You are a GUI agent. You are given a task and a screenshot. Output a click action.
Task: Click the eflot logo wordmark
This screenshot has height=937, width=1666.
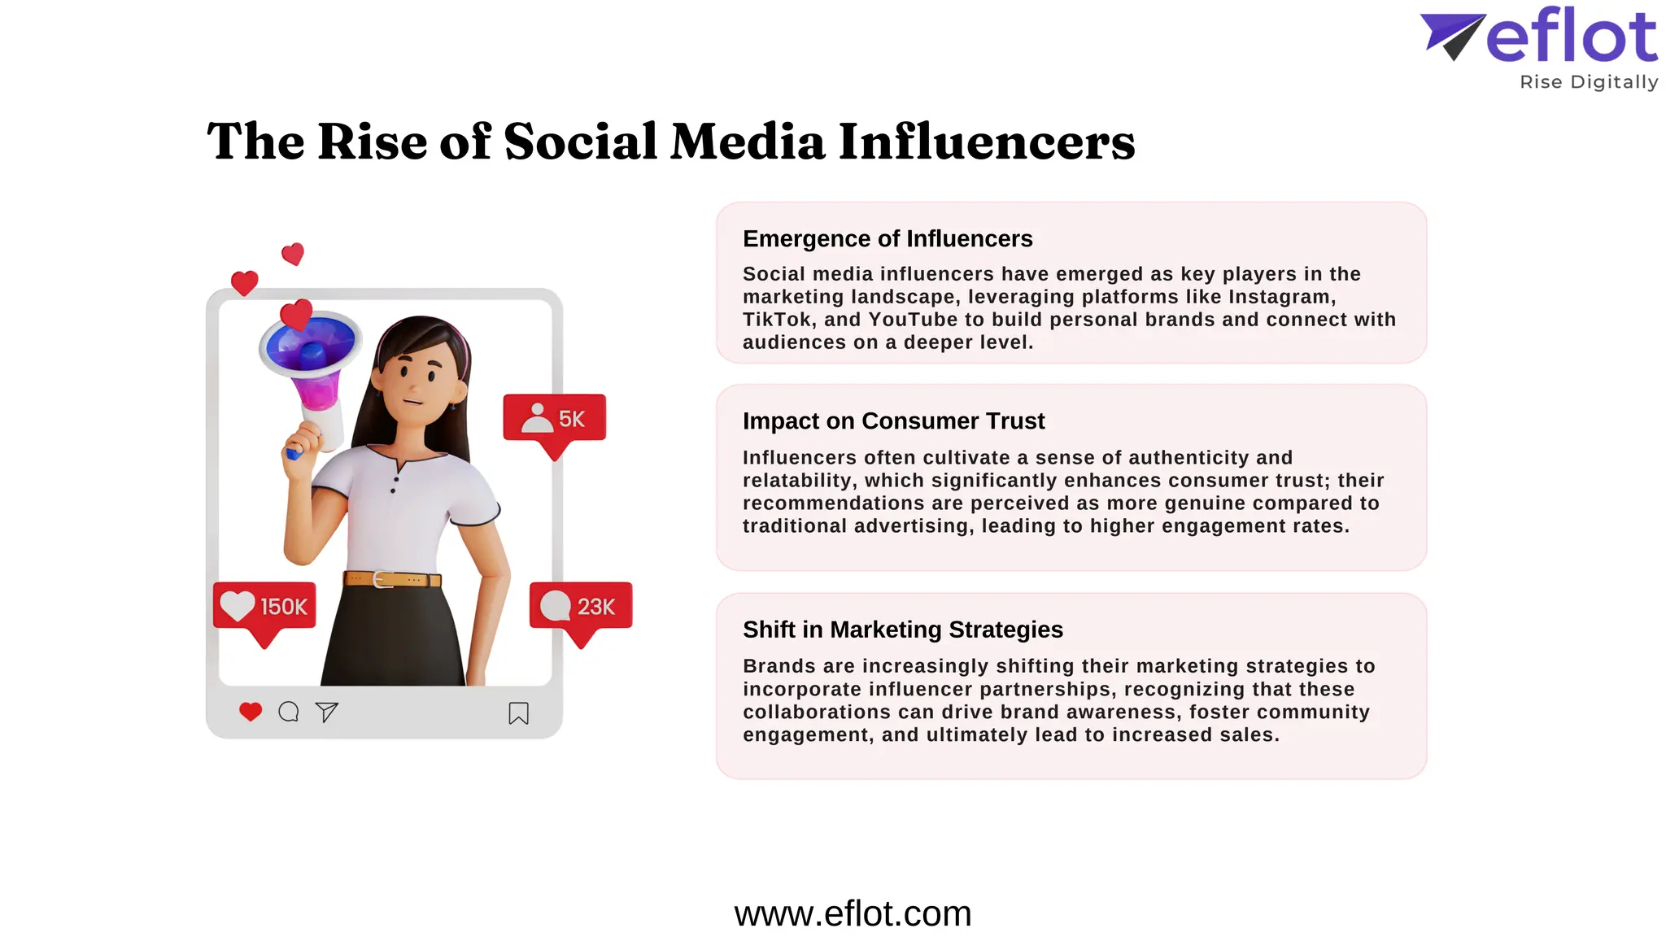click(x=1571, y=37)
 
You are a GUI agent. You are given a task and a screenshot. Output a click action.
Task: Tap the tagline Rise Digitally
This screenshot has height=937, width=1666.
click(x=1588, y=82)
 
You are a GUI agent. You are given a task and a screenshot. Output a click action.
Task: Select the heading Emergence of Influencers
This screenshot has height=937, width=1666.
click(x=887, y=238)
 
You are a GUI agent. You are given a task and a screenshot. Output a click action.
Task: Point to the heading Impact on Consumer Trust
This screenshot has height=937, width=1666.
click(x=893, y=421)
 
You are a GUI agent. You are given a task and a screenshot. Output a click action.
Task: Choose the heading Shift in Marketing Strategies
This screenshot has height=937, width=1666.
click(x=902, y=630)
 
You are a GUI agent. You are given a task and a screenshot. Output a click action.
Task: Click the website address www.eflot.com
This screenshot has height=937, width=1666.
click(x=853, y=913)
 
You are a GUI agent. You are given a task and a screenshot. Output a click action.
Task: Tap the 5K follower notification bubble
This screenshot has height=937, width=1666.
click(x=555, y=419)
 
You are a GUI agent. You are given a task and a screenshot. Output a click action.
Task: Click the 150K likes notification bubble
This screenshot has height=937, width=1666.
click(x=264, y=607)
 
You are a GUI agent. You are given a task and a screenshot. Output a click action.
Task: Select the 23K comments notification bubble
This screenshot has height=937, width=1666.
click(x=580, y=607)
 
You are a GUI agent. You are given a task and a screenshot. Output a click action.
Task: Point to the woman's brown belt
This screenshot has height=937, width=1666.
click(x=392, y=579)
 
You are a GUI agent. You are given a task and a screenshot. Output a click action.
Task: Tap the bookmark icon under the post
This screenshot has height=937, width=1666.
click(x=518, y=713)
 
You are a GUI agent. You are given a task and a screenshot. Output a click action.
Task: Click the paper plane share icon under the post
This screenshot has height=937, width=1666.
click(x=326, y=713)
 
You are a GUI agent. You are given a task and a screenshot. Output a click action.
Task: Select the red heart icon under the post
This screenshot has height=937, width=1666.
click(x=251, y=712)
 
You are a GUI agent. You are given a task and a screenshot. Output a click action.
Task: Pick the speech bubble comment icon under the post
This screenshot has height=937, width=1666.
click(x=288, y=713)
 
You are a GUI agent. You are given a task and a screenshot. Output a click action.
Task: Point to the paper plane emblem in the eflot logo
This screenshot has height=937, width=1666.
click(x=1452, y=36)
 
